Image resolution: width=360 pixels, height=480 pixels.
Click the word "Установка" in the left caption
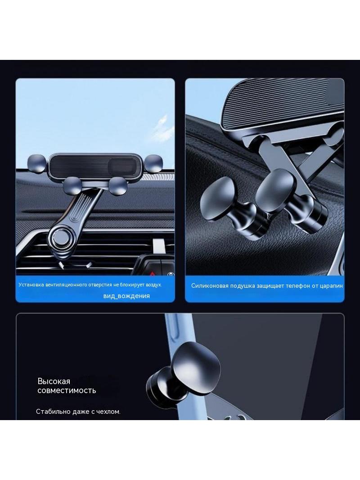(31, 285)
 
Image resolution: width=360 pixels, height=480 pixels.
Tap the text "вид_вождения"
(126, 296)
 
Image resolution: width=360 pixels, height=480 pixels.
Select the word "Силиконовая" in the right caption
(210, 285)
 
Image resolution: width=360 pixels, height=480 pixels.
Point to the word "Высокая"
(54, 381)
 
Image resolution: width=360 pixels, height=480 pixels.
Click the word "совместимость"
(67, 390)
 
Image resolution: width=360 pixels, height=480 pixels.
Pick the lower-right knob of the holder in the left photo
(118, 186)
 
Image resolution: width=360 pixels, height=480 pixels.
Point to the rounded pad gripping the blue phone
(195, 364)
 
